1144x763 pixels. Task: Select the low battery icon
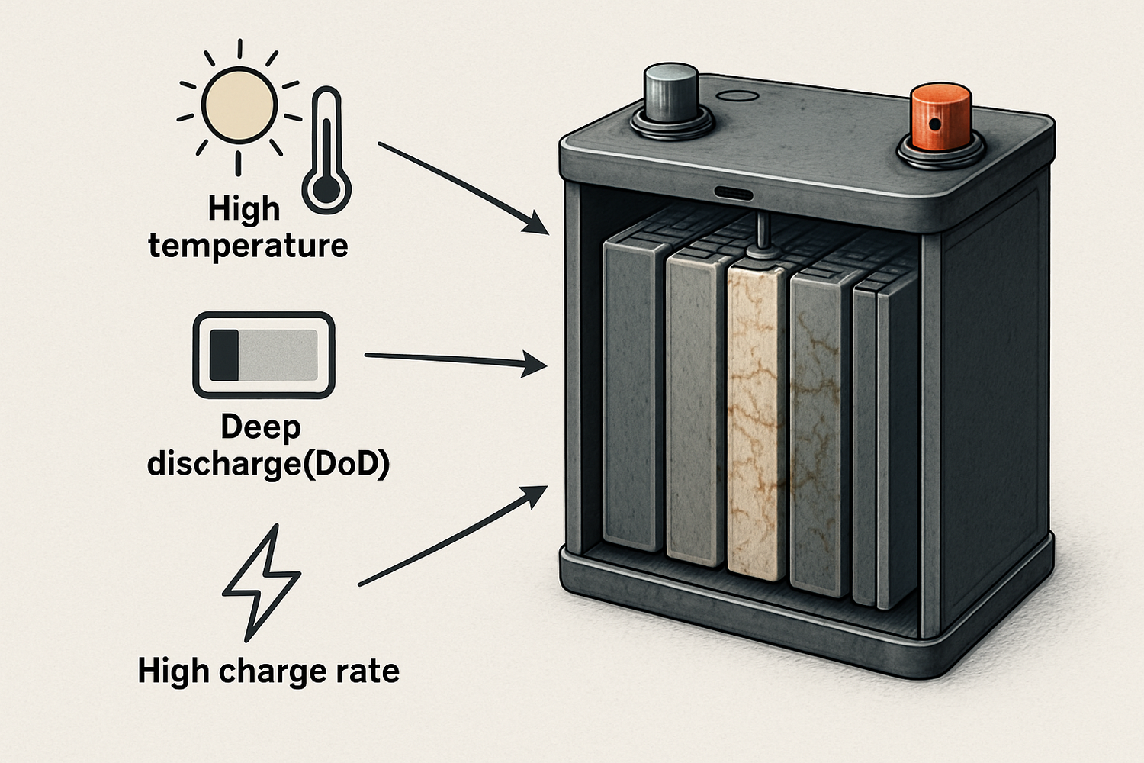264,355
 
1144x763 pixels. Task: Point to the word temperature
248,246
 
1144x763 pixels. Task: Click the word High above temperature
244,208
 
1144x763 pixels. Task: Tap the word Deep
261,427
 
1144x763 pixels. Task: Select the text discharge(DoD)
268,463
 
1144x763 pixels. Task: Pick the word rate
370,671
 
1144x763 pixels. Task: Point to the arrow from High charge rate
453,535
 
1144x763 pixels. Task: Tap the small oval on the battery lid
739,96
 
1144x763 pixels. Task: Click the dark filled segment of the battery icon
223,355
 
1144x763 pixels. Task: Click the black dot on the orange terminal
932,123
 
